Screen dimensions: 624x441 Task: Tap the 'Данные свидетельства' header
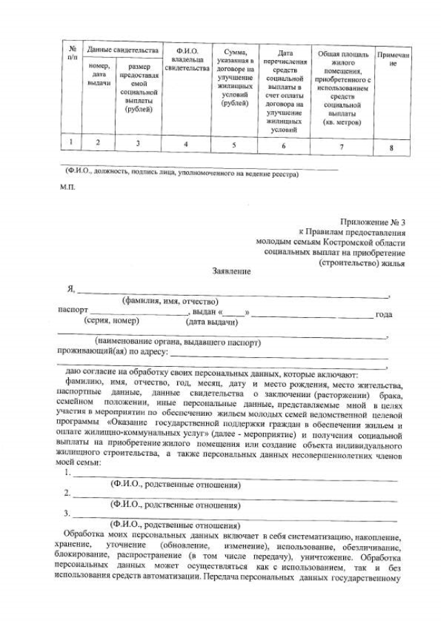pyautogui.click(x=121, y=50)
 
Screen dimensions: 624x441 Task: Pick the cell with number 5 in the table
pyautogui.click(x=234, y=145)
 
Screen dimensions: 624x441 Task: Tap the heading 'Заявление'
pyautogui.click(x=231, y=272)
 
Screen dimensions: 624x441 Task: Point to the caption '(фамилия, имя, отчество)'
pyautogui.click(x=170, y=301)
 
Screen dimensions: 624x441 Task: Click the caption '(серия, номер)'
pyautogui.click(x=111, y=321)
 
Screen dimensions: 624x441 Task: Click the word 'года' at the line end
pyautogui.click(x=384, y=314)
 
